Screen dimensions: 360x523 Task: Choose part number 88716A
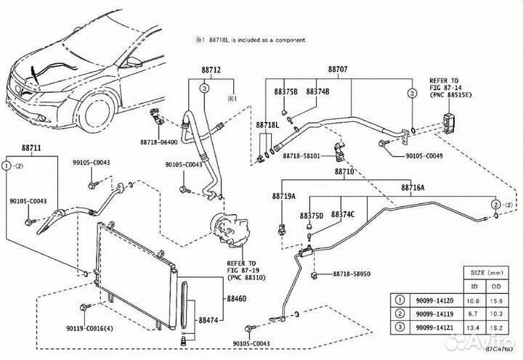[x=413, y=187]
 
